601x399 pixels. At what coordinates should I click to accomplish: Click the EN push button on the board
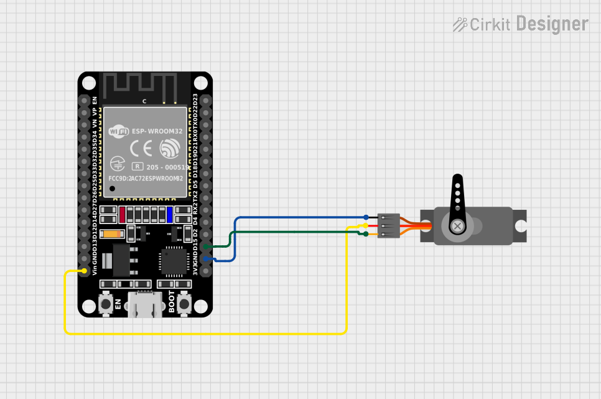(106, 304)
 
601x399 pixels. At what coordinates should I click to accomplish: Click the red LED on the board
(123, 215)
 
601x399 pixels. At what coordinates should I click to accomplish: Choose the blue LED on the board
(169, 215)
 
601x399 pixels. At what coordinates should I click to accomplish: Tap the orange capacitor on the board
(113, 234)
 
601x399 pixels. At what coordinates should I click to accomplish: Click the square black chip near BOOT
(174, 261)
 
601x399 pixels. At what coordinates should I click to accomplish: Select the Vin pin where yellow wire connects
(85, 271)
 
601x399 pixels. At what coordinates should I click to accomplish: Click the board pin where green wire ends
(206, 247)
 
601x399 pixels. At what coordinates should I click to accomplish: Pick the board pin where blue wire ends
(206, 259)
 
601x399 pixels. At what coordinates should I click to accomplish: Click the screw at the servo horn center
(458, 226)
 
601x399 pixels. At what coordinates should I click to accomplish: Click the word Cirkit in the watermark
(490, 24)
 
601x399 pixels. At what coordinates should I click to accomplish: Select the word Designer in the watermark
(552, 24)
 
